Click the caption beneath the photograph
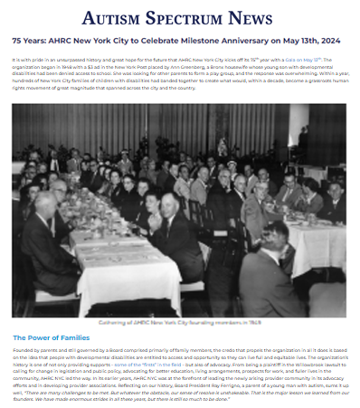pyautogui.click(x=179, y=322)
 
